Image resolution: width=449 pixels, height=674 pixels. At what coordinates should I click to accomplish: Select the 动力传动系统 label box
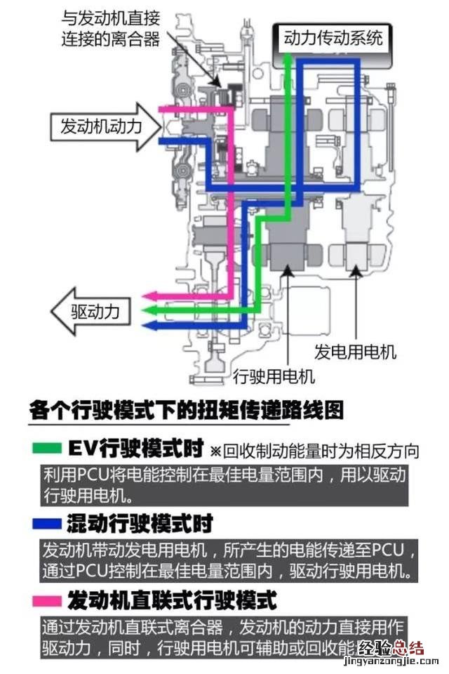[333, 37]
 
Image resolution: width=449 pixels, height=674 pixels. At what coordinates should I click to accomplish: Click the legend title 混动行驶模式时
[140, 524]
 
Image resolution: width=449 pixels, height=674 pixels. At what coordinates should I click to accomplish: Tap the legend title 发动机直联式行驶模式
[172, 601]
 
